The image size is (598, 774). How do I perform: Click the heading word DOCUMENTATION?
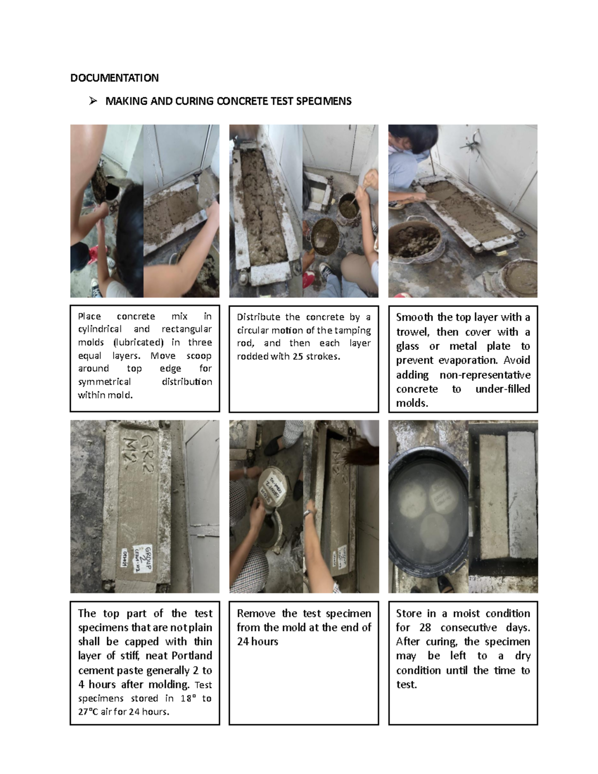114,78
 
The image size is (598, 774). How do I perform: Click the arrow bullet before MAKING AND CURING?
92,101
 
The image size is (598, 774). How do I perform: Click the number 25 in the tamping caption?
298,356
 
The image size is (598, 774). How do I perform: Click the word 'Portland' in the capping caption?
192,656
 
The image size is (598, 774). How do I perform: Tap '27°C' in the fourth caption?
88,712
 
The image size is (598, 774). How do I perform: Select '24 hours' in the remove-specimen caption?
257,641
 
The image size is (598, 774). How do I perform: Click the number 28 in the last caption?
425,627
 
